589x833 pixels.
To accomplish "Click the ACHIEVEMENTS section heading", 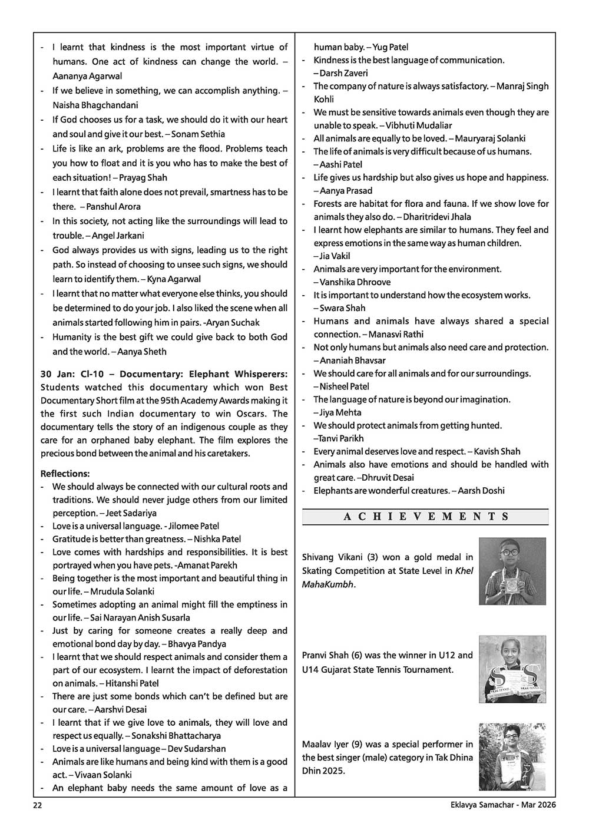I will (425, 517).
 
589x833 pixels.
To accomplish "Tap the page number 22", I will (37, 805).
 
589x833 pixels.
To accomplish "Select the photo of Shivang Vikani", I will (512, 571).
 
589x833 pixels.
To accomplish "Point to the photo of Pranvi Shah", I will (512, 669).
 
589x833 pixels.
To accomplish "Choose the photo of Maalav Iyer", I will (512, 756).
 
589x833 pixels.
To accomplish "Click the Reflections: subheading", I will (65, 474).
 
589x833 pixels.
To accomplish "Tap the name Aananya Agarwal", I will (87, 76).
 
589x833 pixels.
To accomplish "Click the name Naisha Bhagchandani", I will (95, 105).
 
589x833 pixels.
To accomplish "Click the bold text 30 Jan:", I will (58, 374).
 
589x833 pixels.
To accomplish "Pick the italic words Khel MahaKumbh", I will (389, 577).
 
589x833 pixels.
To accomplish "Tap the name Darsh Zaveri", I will (343, 73).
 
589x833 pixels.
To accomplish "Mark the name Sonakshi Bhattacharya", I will (179, 736).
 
